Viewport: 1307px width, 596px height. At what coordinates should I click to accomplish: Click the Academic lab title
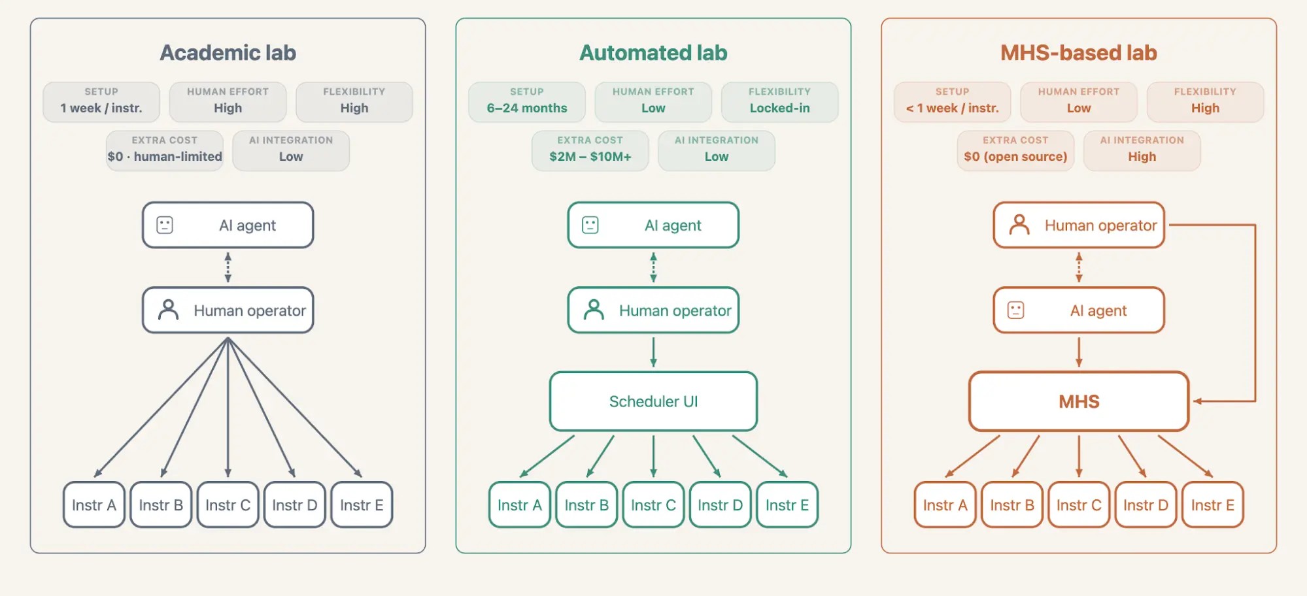228,53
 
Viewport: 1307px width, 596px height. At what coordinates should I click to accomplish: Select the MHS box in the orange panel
1079,401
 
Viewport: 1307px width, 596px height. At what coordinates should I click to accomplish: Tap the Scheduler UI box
653,401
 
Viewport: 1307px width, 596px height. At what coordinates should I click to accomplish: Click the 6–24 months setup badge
527,102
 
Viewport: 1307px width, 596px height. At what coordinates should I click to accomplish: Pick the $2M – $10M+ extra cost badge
590,150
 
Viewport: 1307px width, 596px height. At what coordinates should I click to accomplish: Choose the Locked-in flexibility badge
779,102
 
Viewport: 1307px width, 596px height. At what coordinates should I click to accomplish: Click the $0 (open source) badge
1015,150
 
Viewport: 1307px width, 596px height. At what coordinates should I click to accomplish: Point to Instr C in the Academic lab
228,505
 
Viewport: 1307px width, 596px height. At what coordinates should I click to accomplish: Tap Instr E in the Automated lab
787,505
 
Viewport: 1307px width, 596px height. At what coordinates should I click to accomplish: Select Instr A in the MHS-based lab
945,505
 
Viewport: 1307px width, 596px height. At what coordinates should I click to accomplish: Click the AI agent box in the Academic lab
228,225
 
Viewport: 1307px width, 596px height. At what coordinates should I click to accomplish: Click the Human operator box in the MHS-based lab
1079,225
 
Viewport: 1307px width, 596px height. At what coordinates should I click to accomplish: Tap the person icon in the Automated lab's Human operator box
594,310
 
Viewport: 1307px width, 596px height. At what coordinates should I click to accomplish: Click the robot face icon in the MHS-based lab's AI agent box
1015,310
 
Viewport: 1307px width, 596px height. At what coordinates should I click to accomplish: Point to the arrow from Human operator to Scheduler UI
653,352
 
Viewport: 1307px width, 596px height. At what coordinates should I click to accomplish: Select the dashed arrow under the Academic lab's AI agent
228,267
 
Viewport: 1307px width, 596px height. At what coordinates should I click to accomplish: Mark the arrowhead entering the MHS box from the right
1197,401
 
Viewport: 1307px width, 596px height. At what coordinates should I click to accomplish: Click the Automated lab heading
653,53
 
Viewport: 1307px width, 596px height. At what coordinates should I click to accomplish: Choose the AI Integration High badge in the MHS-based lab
1142,150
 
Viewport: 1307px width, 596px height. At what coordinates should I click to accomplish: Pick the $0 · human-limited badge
165,150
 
